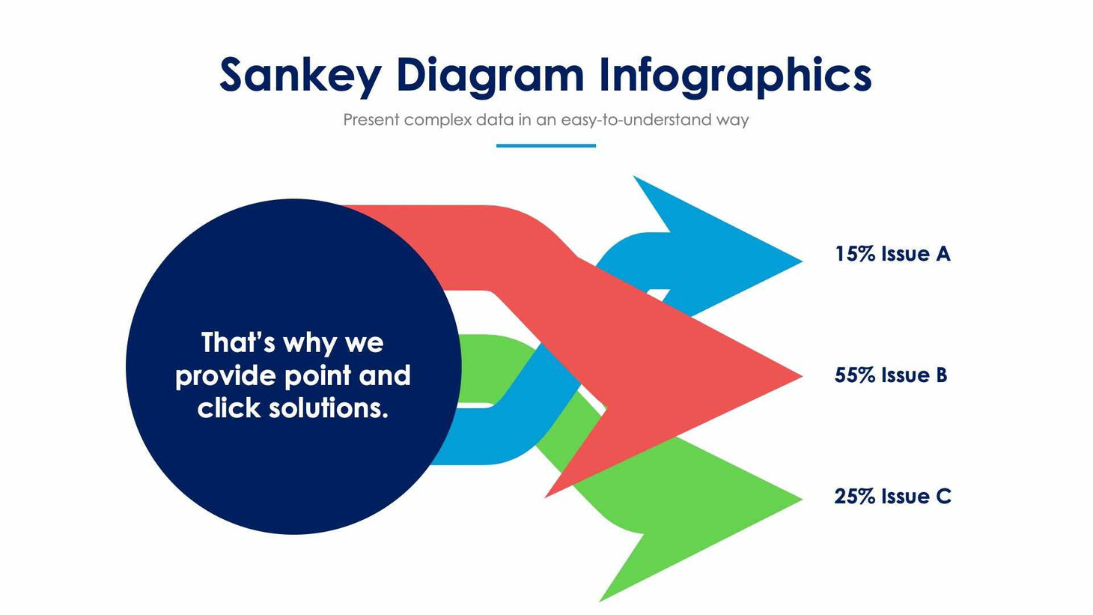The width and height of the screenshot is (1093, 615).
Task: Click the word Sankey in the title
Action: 300,76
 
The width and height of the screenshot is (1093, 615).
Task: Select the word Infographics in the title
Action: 735,76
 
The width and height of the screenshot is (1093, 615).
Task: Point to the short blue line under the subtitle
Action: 546,145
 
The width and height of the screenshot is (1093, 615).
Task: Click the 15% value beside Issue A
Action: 855,254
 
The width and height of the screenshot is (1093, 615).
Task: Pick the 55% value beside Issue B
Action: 855,375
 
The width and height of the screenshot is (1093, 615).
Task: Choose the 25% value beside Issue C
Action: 855,497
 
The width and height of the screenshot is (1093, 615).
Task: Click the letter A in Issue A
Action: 943,254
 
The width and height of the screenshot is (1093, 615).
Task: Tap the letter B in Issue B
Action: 940,375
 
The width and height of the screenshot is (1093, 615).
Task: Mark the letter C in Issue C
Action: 943,497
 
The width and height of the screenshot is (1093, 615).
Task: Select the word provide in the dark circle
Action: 219,376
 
